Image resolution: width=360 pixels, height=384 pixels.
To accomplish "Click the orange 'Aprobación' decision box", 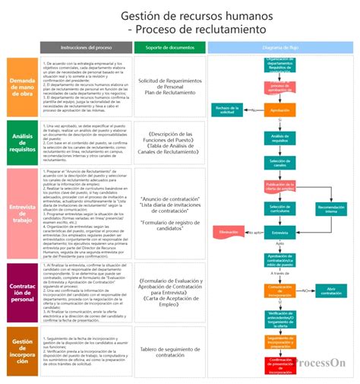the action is tap(279, 109).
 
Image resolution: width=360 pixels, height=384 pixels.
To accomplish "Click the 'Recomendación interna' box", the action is tap(330, 208).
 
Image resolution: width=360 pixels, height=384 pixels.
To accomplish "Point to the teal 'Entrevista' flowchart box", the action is tap(279, 232).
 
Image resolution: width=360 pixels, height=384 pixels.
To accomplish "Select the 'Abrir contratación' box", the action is tap(330, 290).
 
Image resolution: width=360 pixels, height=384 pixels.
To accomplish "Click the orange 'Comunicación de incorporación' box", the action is tap(279, 290).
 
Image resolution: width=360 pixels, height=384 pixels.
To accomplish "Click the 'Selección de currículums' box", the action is tap(279, 208).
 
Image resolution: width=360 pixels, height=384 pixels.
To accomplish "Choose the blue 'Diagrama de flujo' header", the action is tap(279, 47).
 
